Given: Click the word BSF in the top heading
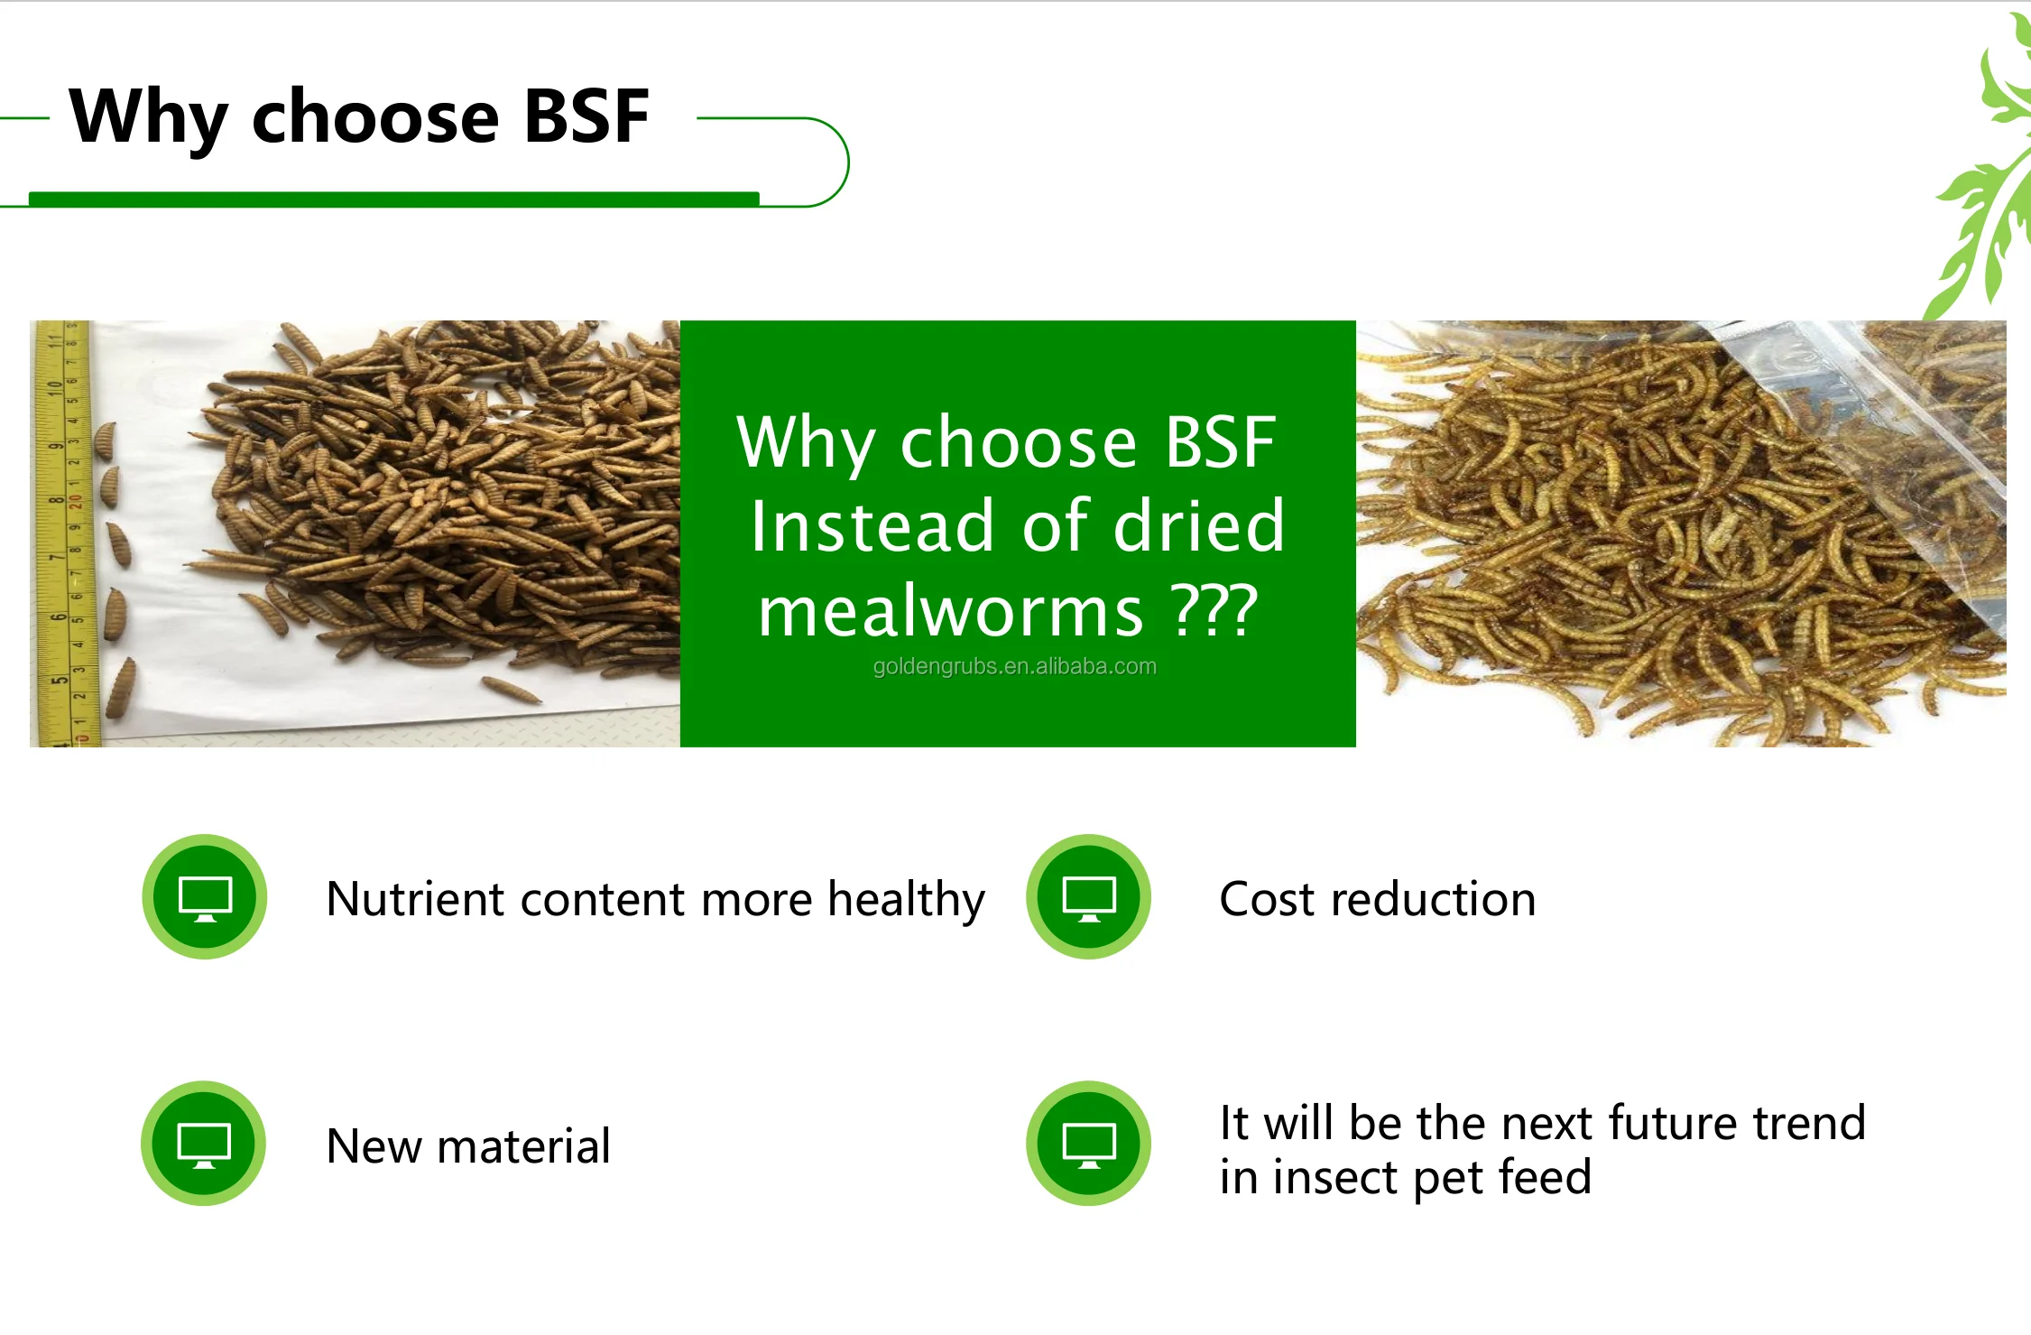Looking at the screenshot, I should click(x=586, y=117).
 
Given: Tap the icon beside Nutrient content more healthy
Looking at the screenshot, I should click(x=205, y=897).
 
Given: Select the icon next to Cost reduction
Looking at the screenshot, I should click(x=1088, y=897).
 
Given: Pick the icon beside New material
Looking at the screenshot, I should click(x=204, y=1144).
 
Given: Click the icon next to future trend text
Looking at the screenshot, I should click(x=1088, y=1144).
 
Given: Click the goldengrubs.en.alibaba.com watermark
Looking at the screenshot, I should click(x=1014, y=667).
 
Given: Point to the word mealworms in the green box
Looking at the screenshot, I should click(x=951, y=612).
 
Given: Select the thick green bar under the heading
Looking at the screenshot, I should click(x=393, y=199).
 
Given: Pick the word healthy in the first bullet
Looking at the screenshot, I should click(x=906, y=900).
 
